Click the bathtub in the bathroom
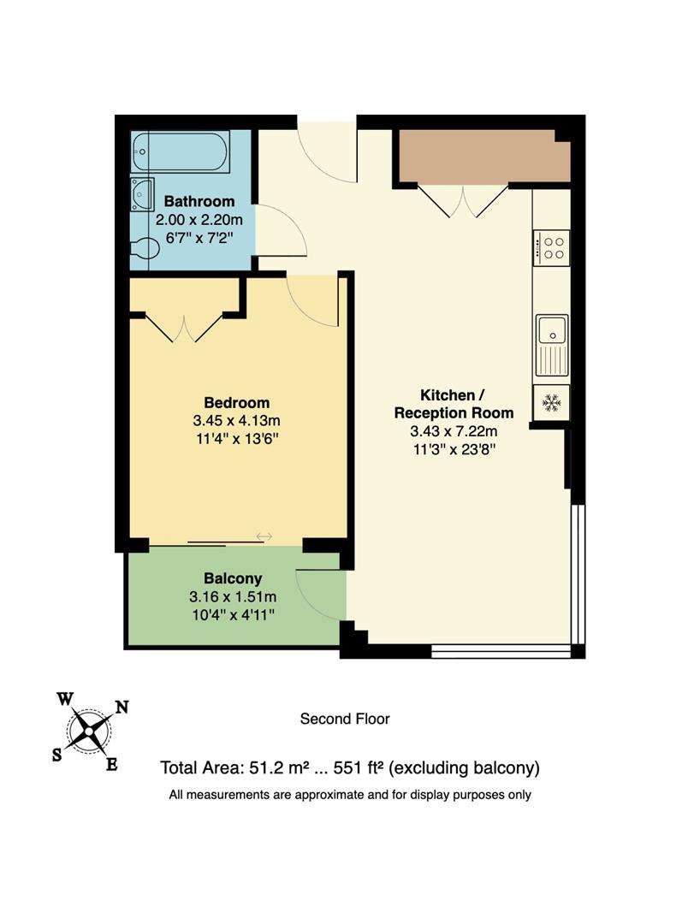coord(181,152)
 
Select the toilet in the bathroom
coord(145,248)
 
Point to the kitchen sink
coord(552,344)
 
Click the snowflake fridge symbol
coord(551,401)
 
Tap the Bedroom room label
coord(236,403)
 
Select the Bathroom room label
coord(199,202)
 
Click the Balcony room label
coord(233,578)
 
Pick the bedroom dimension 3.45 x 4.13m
coord(237,421)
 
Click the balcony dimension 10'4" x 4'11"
coord(233,614)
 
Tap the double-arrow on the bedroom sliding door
coord(264,536)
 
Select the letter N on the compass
coord(122,708)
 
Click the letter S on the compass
coord(57,754)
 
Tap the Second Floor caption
coord(345,719)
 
